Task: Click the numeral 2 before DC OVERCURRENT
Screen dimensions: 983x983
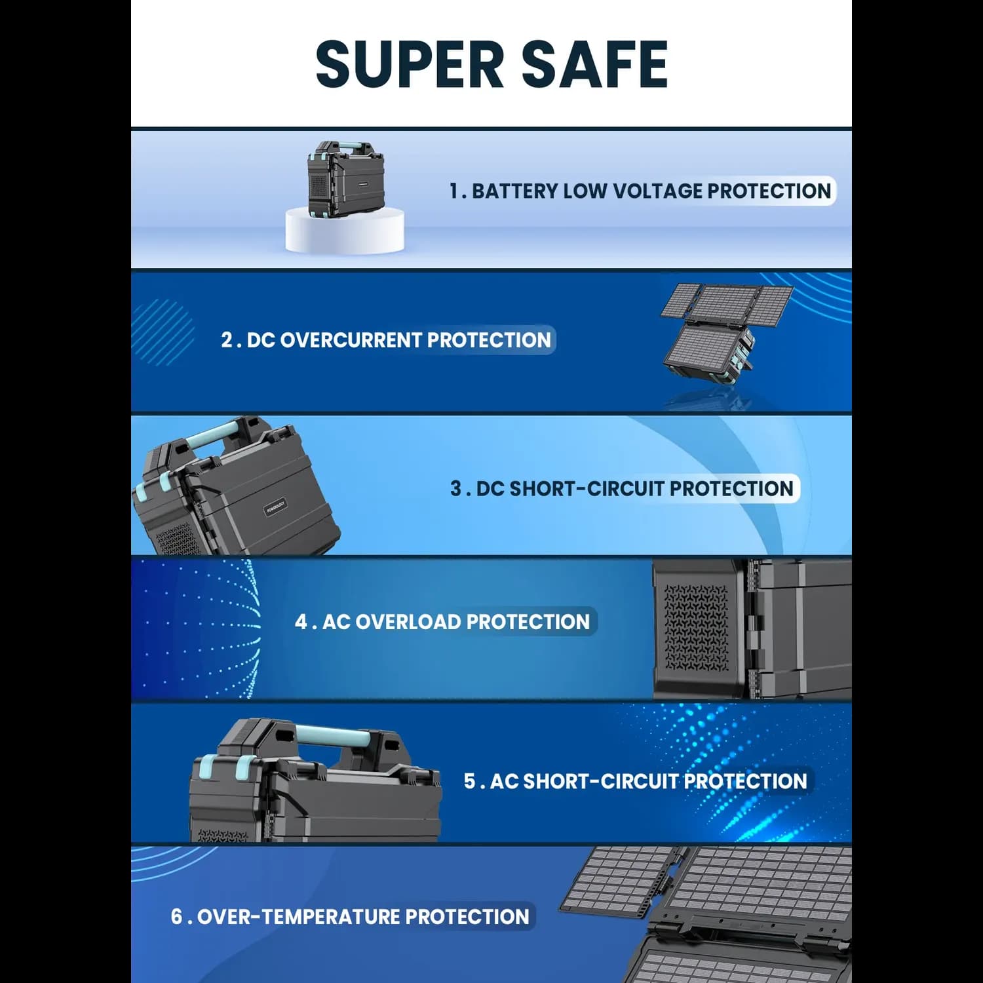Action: tap(227, 340)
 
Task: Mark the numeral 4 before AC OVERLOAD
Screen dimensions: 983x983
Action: tap(301, 622)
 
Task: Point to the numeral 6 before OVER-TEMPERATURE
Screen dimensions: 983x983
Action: tap(177, 917)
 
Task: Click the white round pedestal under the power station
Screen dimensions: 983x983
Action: tap(345, 229)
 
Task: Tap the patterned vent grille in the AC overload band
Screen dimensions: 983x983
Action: tap(696, 627)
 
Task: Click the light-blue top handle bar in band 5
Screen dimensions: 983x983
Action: tap(332, 734)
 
